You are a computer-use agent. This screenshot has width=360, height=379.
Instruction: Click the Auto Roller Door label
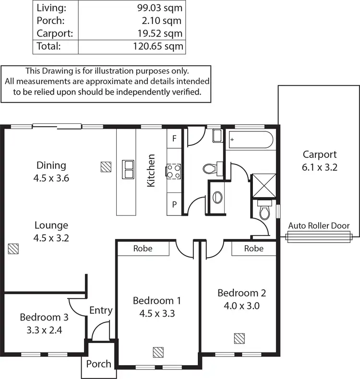coord(319,226)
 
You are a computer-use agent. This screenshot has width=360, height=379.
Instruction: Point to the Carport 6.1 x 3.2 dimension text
coord(319,167)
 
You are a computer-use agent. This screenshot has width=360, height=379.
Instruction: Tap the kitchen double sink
coord(128,168)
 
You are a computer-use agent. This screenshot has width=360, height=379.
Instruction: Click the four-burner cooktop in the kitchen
coord(173,172)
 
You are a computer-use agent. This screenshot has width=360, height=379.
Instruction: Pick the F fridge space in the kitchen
coord(174,138)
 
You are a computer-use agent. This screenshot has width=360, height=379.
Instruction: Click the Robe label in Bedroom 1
coord(143,249)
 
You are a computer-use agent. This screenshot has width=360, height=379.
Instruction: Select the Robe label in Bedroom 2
coord(253,249)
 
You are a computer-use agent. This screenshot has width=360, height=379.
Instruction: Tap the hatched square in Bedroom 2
coord(240,339)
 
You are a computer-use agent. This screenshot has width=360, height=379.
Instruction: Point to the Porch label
coord(98,364)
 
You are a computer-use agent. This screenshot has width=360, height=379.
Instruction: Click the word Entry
coord(101,310)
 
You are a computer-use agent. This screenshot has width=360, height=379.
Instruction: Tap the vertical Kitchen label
coord(151,170)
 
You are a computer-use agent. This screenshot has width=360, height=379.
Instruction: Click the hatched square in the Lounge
coord(13,249)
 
